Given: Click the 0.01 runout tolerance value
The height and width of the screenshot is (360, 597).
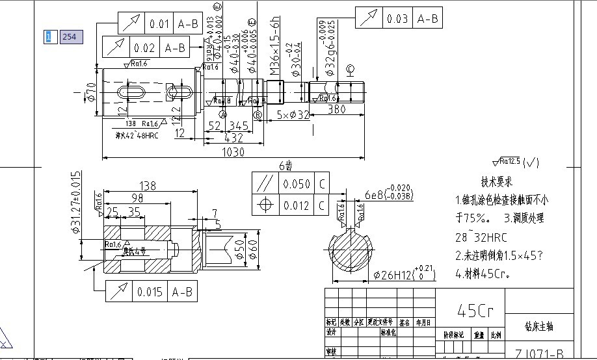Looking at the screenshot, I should point(160,24).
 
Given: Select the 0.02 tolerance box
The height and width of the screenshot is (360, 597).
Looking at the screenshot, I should point(144,48).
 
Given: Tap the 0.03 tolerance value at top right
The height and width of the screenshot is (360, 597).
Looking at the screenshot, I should point(397,19).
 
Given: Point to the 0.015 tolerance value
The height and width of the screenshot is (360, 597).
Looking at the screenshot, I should point(150,292).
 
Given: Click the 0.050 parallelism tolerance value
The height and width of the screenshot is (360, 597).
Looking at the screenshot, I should point(297,184).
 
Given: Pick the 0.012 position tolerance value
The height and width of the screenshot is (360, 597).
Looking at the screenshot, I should point(297,205).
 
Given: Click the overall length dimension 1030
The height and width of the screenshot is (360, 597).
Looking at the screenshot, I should point(233,152).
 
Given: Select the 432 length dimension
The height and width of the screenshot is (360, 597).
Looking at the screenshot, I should point(233,138).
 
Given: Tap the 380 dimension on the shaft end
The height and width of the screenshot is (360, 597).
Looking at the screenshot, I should point(336,109).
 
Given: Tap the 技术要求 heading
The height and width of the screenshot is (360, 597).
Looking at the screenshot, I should point(497,181).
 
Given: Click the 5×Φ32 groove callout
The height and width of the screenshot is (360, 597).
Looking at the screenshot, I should point(293,115).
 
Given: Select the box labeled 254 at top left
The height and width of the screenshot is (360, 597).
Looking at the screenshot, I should point(69,37).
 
